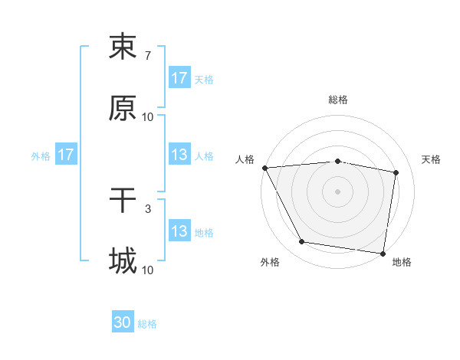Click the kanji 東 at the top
pos(123,47)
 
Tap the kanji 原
pos(123,109)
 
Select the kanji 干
pos(123,201)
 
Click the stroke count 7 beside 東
pos(147,56)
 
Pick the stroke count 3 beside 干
pos(147,209)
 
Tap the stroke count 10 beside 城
pos(148,270)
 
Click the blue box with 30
pos(123,323)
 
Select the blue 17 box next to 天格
pos(179,78)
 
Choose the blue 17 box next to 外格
pos(66,155)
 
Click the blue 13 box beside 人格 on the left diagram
pos(179,155)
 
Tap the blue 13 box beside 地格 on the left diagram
pos(179,231)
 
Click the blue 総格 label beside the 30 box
pos(147,324)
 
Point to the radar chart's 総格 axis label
pos(338,100)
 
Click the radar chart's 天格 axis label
pos(431,159)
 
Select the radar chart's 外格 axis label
pos(270,262)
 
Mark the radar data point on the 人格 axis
pos(264,168)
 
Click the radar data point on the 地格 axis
pos(383,253)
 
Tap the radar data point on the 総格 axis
pos(338,161)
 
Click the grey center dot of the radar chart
pos(338,191)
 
